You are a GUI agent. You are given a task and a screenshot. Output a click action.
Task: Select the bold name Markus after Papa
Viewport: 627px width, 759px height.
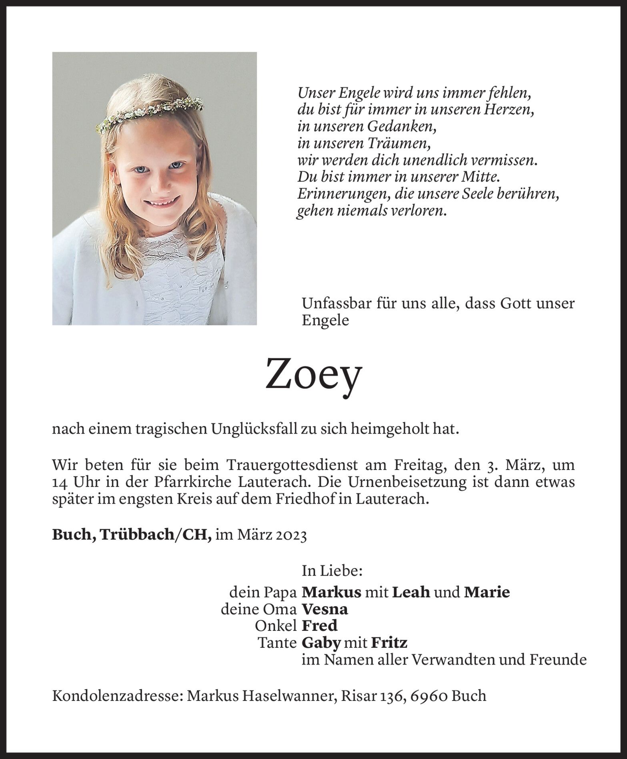pyautogui.click(x=331, y=592)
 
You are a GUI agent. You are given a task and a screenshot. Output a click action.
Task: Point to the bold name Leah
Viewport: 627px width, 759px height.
pyautogui.click(x=411, y=592)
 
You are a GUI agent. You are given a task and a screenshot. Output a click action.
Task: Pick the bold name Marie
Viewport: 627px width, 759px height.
pyautogui.click(x=487, y=592)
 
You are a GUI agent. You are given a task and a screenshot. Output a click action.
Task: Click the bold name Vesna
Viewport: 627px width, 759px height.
pyautogui.click(x=325, y=609)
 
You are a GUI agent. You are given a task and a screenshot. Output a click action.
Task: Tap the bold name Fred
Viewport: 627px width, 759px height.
pyautogui.click(x=319, y=626)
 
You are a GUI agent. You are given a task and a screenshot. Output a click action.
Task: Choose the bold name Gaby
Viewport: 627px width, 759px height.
pyautogui.click(x=321, y=643)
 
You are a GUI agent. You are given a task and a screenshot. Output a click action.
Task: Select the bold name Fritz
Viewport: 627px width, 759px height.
pyautogui.click(x=389, y=643)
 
